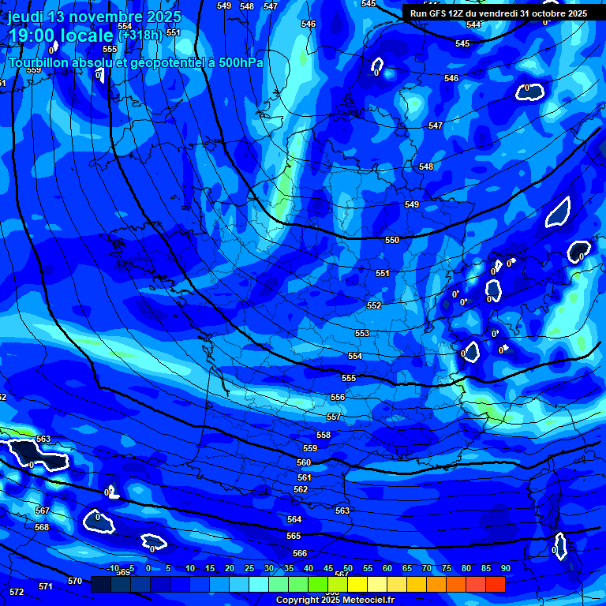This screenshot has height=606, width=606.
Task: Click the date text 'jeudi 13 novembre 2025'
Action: tap(94, 17)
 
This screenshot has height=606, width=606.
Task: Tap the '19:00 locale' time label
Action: tap(61, 36)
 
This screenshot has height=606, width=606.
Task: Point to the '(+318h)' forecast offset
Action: tap(140, 35)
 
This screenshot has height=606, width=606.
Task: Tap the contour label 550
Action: tap(392, 240)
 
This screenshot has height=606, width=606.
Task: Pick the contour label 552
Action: tap(374, 305)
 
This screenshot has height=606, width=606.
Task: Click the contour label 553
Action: tap(362, 333)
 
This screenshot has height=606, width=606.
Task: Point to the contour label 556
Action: tap(338, 398)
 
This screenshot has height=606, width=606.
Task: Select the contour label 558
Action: tap(324, 435)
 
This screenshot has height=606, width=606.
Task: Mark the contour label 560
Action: tap(304, 462)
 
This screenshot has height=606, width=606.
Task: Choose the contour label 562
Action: tap(301, 490)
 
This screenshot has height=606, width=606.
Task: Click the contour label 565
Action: tap(294, 536)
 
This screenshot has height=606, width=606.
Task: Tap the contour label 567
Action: tap(43, 511)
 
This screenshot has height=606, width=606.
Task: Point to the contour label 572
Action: tap(16, 591)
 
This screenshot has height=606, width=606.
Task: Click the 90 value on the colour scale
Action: tap(505, 568)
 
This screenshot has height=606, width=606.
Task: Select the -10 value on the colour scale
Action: tap(113, 568)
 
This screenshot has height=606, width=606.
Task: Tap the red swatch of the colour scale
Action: tap(496, 584)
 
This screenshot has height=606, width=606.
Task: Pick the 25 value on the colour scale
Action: tap(249, 568)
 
